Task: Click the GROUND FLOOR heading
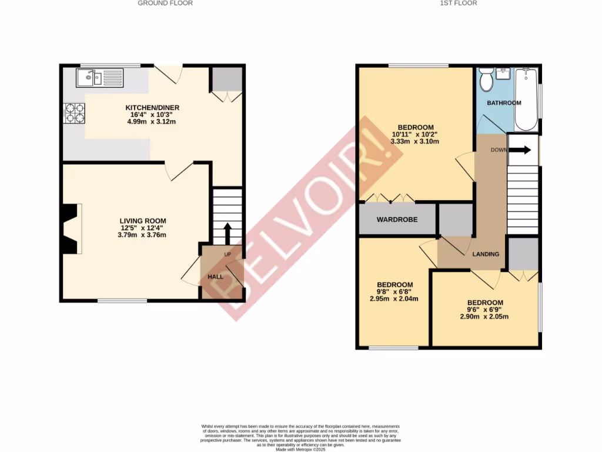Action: tap(165, 3)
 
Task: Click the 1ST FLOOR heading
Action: tap(458, 3)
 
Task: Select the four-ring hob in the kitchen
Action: tap(75, 113)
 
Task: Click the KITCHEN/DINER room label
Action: tap(152, 108)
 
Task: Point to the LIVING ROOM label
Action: tap(143, 221)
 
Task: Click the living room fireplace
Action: tap(71, 228)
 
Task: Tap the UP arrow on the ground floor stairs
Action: tap(228, 231)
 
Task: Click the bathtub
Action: tap(526, 99)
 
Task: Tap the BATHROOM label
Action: tap(504, 103)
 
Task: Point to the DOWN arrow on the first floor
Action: tap(519, 150)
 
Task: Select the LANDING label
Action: tap(486, 254)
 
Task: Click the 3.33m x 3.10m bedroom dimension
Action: tap(416, 141)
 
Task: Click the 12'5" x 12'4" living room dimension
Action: tap(143, 228)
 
